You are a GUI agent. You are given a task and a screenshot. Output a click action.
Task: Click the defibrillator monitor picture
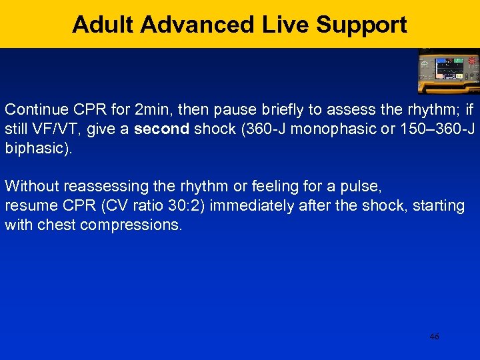[448, 71]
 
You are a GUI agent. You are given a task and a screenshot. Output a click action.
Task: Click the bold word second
[162, 127]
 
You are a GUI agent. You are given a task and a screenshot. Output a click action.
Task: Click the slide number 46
[435, 337]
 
